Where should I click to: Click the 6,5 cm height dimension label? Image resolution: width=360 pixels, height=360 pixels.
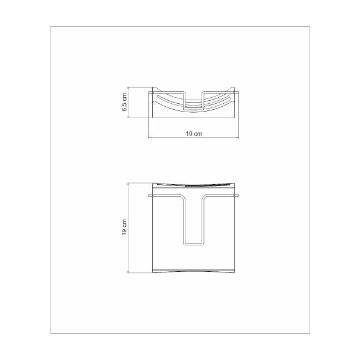[124, 102]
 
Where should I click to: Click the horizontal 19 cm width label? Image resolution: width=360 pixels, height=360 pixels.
[194, 134]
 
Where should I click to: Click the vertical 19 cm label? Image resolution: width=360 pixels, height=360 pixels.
[124, 227]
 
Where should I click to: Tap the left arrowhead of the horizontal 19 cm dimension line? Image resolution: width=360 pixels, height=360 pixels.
[150, 138]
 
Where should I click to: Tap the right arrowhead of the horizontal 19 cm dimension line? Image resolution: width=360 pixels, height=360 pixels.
[237, 138]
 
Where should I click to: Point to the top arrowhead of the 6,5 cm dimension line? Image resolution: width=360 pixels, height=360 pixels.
[128, 89]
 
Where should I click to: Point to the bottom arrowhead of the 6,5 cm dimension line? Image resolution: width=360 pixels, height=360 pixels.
[128, 116]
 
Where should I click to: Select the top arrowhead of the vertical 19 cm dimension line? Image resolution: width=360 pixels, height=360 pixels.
[128, 185]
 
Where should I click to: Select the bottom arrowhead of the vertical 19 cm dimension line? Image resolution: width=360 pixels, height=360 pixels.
[128, 271]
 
